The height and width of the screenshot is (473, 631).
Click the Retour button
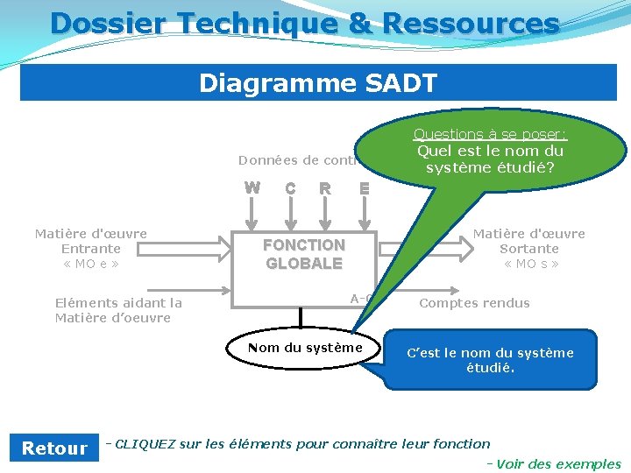(x=54, y=448)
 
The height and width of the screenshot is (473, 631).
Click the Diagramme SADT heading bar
(x=317, y=83)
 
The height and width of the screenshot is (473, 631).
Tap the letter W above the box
(x=252, y=187)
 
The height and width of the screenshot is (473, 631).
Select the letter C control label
(x=290, y=188)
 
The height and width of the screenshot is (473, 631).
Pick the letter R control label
(x=325, y=188)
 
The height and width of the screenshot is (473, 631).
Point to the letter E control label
(x=365, y=188)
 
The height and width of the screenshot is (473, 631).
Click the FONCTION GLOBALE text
(x=304, y=254)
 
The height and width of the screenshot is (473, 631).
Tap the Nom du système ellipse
(x=304, y=348)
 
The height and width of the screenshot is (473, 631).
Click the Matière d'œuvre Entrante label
(x=90, y=249)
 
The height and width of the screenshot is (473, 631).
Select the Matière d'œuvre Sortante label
(x=529, y=249)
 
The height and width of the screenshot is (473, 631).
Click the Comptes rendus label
(x=474, y=303)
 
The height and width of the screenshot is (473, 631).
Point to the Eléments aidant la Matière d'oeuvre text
(x=118, y=310)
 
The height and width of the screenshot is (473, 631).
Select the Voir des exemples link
(x=558, y=464)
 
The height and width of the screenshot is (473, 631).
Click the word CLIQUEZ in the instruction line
(x=145, y=444)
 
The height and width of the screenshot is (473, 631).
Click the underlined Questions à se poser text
(x=490, y=134)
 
